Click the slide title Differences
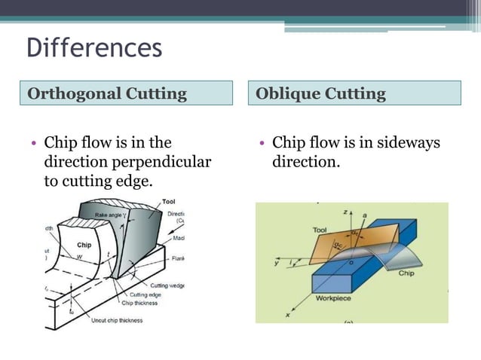94,47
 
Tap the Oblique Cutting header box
355,93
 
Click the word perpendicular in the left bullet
164,162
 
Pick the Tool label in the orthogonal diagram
168,202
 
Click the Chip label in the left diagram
84,245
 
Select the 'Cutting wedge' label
167,285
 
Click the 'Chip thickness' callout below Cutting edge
141,304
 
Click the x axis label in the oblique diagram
287,316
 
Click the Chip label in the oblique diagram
406,273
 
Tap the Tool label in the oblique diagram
319,229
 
